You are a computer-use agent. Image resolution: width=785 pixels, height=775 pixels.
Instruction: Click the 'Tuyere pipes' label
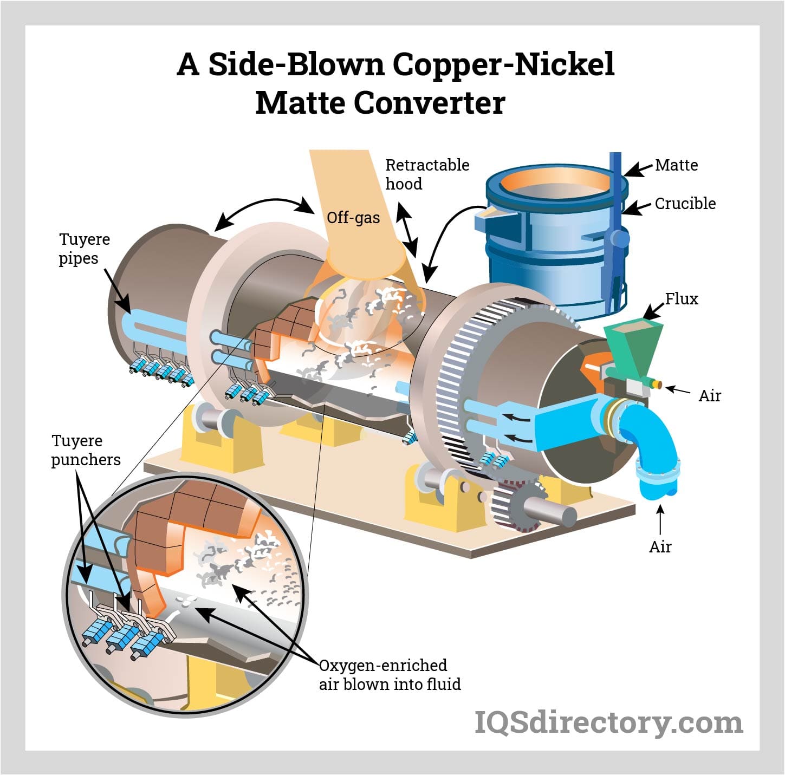coord(84,249)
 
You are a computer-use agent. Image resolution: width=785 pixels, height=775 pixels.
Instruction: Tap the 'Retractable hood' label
coord(427,174)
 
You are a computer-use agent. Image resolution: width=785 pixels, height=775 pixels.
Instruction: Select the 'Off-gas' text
coord(353,218)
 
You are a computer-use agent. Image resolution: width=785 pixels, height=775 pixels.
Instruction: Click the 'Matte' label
coord(676,165)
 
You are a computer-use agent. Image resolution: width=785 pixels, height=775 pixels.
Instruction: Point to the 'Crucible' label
coord(685,204)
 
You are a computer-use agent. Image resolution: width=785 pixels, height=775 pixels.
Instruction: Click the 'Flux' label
coord(682,298)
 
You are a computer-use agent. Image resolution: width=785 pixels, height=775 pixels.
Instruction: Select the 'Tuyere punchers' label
coord(86,450)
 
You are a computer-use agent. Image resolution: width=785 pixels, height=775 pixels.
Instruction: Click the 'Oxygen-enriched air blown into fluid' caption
coord(390,675)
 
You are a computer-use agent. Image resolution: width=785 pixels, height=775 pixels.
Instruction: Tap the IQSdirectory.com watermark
coord(608,722)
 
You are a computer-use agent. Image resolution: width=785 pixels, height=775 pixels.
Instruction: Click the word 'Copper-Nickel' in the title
coord(503,64)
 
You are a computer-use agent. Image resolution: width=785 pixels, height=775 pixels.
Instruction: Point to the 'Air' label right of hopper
coord(709,396)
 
